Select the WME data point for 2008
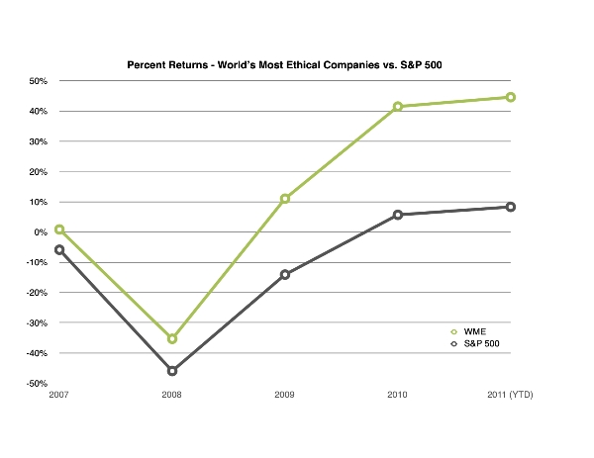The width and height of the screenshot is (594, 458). (172, 338)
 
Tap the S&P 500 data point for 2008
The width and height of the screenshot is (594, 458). (172, 371)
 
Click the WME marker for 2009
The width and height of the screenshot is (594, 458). (285, 199)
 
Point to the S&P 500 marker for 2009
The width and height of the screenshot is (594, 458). (285, 274)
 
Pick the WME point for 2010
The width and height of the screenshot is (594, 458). (398, 107)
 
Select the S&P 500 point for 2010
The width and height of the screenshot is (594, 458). (398, 215)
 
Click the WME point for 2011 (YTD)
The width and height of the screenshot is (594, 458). (511, 97)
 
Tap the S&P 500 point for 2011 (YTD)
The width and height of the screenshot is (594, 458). (511, 207)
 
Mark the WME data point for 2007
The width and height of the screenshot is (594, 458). (59, 229)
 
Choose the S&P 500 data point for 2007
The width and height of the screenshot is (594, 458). (59, 250)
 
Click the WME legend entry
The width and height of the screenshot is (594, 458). (474, 331)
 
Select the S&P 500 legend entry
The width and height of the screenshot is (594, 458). (481, 344)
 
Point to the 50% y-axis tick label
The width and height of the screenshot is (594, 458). (40, 81)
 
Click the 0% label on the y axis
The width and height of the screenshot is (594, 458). (42, 232)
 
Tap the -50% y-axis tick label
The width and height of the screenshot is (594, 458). (38, 384)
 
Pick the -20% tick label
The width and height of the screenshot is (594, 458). (38, 293)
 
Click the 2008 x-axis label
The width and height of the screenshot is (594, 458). (172, 396)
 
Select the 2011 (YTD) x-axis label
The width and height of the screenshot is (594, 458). (511, 396)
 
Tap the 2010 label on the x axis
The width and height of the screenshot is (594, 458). (398, 396)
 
